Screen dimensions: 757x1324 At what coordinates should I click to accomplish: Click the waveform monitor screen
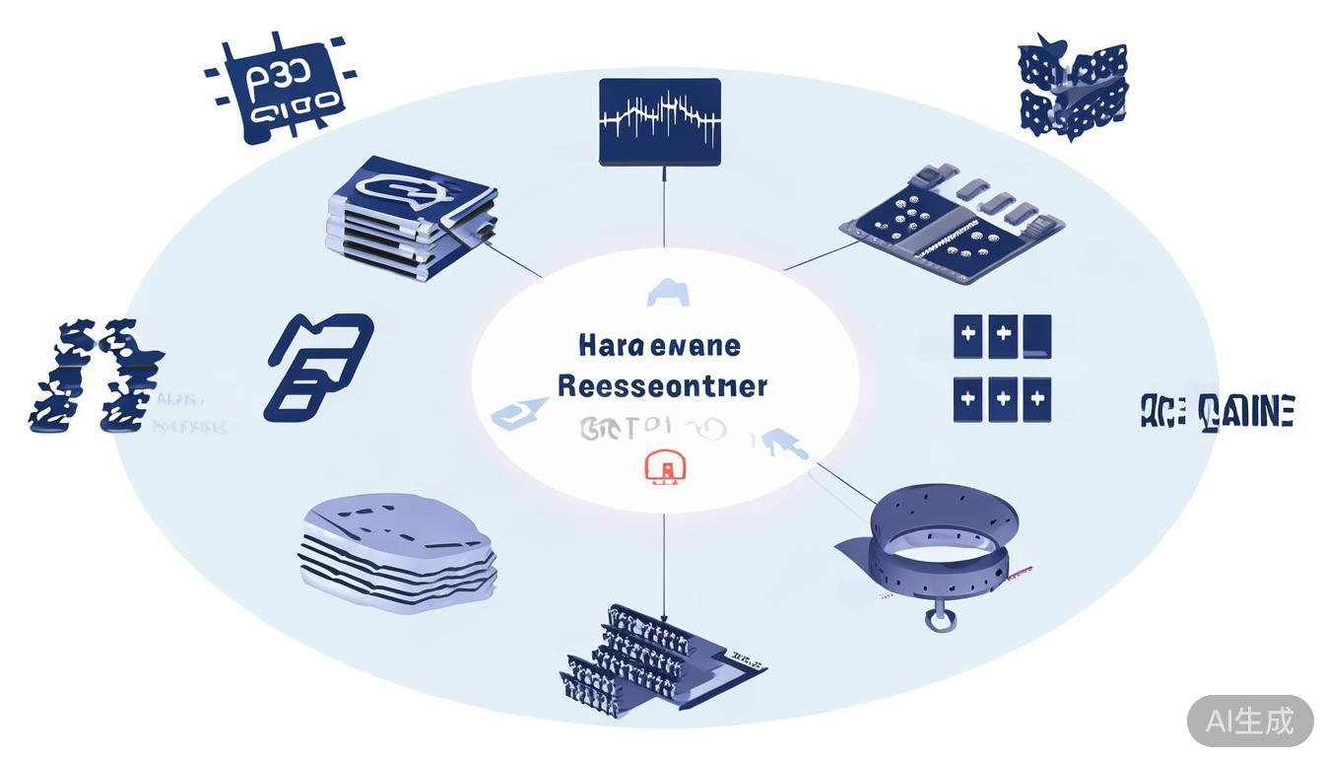[x=660, y=121]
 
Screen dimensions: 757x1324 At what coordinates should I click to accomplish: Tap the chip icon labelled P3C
[x=280, y=90]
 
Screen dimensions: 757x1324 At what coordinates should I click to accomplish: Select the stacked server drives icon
[x=408, y=218]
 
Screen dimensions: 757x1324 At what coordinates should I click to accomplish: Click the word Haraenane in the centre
[x=659, y=346]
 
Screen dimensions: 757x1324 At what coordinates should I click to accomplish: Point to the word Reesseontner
[x=662, y=385]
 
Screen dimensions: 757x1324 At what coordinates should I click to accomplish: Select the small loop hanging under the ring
[x=938, y=618]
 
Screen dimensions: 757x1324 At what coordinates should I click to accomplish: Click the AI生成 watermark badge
[x=1249, y=721]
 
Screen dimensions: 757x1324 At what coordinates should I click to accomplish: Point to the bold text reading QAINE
[x=1246, y=411]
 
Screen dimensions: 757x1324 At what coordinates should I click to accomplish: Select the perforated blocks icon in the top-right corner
[x=1073, y=88]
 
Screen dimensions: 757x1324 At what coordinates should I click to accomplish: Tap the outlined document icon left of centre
[x=318, y=367]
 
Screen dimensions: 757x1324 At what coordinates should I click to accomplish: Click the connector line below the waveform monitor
[x=664, y=207]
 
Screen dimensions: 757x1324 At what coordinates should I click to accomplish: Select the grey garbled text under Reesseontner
[x=650, y=428]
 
